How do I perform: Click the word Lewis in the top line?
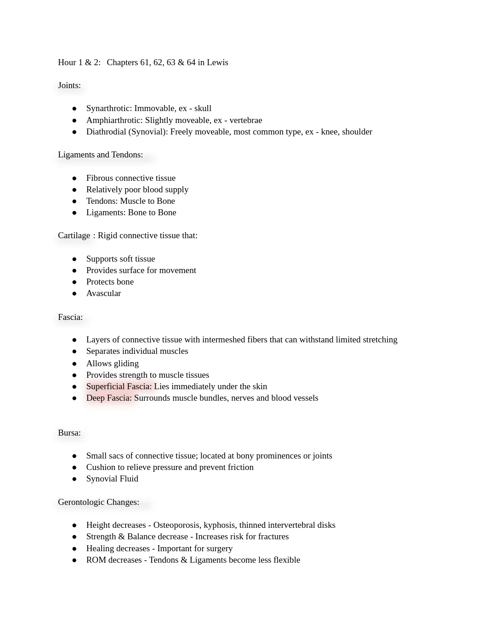click(217, 62)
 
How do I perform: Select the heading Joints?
click(69, 85)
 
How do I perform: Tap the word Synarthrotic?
click(109, 108)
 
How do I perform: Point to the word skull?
click(203, 108)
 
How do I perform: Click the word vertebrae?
click(246, 120)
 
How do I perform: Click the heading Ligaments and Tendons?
click(101, 155)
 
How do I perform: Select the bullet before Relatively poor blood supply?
click(74, 190)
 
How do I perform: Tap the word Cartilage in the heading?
click(74, 235)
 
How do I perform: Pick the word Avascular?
click(103, 293)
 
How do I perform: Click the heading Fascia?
click(70, 317)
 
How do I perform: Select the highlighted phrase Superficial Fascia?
click(119, 386)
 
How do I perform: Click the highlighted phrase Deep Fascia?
click(109, 398)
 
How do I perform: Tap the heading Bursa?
click(69, 433)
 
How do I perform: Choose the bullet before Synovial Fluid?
click(74, 479)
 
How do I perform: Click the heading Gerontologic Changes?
click(98, 502)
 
